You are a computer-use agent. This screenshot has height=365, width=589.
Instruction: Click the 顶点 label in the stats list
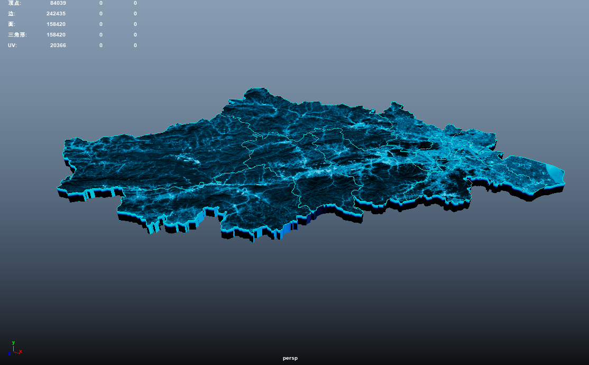[14, 3]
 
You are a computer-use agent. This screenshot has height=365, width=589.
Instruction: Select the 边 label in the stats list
[12, 14]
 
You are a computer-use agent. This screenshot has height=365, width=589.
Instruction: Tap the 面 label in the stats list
[12, 24]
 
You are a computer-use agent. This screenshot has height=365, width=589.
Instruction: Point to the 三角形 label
[17, 35]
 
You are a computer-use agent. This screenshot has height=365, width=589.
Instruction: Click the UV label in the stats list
[12, 45]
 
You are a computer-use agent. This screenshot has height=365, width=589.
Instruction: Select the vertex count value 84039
[58, 3]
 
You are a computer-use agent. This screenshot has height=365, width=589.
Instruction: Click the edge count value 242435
[56, 14]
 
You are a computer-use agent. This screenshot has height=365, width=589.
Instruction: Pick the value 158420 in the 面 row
[56, 24]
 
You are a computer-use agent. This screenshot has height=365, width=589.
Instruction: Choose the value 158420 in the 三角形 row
[56, 35]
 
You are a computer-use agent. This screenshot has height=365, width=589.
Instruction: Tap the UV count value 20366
[58, 45]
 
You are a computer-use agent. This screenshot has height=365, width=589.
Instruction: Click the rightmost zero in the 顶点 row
[135, 3]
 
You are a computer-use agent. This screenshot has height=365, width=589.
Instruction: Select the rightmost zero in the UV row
[135, 45]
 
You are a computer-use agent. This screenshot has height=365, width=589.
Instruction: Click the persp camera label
[290, 358]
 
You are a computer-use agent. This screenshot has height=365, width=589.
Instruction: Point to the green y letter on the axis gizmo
[13, 343]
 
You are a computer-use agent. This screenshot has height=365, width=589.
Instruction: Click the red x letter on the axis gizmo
[21, 352]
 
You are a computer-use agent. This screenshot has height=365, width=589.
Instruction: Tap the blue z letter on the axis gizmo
[9, 353]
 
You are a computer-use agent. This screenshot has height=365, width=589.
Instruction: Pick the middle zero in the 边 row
[101, 14]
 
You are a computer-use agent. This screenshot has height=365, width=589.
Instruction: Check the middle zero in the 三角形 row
[101, 35]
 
